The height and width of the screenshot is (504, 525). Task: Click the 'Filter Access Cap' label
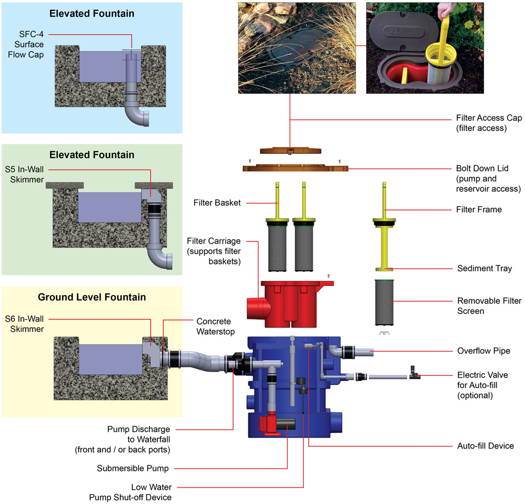tap(489, 123)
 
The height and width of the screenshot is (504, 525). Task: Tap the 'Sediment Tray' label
tap(484, 268)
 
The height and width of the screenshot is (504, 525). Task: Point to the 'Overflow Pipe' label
tap(483, 350)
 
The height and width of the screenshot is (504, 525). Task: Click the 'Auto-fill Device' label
tap(485, 445)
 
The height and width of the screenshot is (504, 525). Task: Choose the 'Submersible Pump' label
tap(132, 469)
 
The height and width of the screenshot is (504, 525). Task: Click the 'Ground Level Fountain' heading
tap(92, 297)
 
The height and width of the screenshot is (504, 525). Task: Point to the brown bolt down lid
tap(296, 165)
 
